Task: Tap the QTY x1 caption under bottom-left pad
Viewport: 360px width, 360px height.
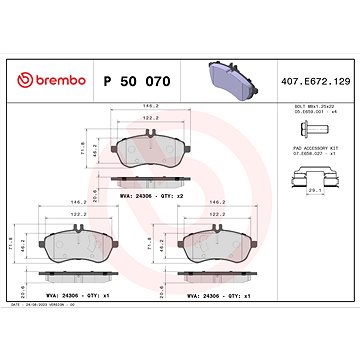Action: point(81,297)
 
